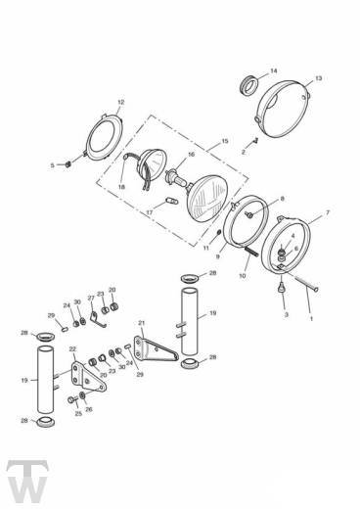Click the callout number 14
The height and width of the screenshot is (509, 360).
[273, 70]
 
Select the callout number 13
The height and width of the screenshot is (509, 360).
[318, 77]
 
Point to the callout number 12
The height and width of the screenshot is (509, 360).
[120, 102]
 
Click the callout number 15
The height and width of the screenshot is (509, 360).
[225, 141]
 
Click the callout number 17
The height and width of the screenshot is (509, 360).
[150, 210]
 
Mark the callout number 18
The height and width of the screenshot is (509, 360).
[122, 186]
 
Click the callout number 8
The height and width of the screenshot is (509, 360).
[282, 199]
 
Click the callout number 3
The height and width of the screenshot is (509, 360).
[286, 315]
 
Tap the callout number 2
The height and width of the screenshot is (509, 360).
[243, 153]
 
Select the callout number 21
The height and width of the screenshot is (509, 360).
[141, 323]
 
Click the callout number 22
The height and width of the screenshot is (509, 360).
[72, 349]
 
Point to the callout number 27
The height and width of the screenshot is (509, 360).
[90, 298]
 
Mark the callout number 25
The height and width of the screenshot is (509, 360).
[78, 413]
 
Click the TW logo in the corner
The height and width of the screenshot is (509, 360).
[22, 481]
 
